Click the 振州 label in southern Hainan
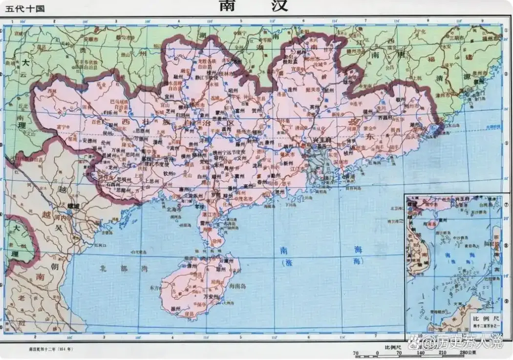(176, 310)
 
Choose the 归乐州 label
(110, 112)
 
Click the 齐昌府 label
(386, 118)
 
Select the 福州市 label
(495, 37)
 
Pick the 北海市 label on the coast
(172, 209)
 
